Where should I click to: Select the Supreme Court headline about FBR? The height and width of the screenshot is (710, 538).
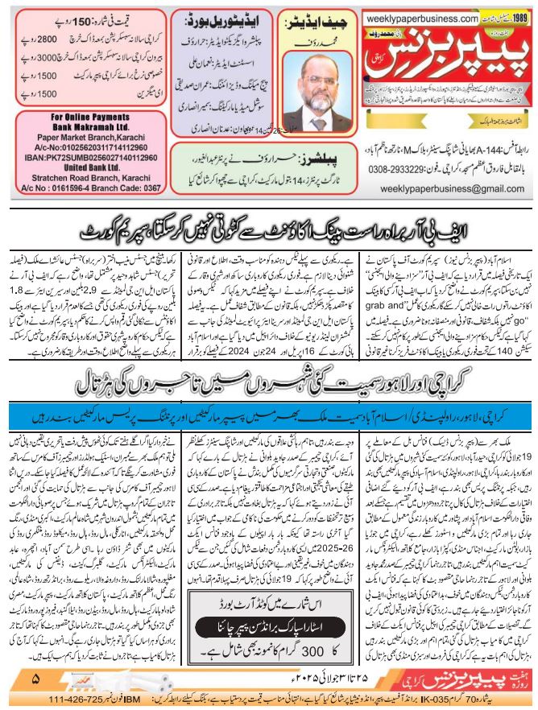point(269,233)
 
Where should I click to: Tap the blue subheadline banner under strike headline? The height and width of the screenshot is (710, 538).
point(269,417)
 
